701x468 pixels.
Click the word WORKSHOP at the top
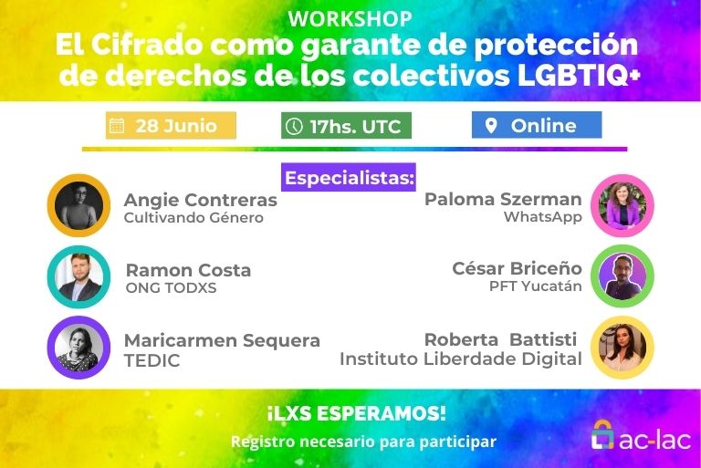click(x=350, y=19)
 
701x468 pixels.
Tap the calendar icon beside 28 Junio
click(x=117, y=126)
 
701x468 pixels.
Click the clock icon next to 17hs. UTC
click(x=294, y=126)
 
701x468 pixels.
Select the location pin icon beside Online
click(x=491, y=126)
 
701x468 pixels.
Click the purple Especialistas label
click(x=349, y=178)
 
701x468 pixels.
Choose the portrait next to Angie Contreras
click(x=78, y=205)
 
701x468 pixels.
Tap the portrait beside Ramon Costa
click(x=78, y=277)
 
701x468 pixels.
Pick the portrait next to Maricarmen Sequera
click(x=78, y=348)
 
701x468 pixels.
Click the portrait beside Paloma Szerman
click(x=623, y=205)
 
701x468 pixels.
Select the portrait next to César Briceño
click(x=623, y=276)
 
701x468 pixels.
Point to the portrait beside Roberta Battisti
click(x=623, y=348)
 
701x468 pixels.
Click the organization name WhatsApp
click(x=543, y=217)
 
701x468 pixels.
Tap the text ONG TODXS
click(x=172, y=288)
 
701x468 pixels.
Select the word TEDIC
click(x=152, y=360)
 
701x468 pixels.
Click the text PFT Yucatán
click(x=536, y=286)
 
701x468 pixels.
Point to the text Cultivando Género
click(x=194, y=218)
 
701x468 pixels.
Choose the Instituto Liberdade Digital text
click(x=461, y=359)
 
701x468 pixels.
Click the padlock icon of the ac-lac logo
click(x=602, y=435)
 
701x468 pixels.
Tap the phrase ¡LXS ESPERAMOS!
click(x=356, y=413)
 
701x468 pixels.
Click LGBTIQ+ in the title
click(x=579, y=75)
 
